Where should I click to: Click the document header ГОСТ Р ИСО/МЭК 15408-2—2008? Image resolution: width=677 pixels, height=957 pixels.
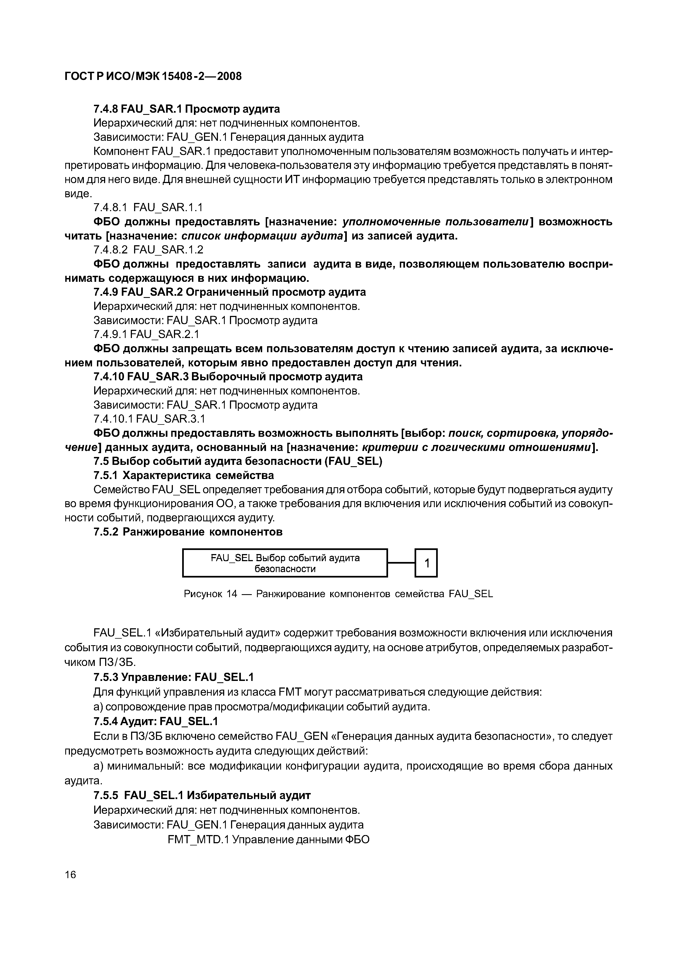(153, 76)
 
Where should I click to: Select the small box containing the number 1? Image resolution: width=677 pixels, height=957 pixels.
(426, 563)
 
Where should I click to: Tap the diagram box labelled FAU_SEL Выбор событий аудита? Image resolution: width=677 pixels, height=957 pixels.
(285, 563)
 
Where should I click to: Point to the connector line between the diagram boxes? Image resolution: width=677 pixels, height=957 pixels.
(401, 563)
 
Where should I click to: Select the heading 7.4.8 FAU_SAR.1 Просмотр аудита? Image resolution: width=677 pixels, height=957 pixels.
(187, 109)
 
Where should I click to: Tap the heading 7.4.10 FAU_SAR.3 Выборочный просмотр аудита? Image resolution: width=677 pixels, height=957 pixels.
(228, 377)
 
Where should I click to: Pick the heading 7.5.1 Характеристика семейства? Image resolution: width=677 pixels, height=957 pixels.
(184, 475)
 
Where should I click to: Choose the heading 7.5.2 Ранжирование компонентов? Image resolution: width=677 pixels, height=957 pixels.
(188, 532)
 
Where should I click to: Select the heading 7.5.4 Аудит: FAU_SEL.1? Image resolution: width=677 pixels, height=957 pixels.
(156, 721)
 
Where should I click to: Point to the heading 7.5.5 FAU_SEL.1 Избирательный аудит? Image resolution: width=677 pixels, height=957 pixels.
(202, 795)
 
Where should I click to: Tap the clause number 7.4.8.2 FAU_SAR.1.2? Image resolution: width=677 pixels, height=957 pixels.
(148, 250)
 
